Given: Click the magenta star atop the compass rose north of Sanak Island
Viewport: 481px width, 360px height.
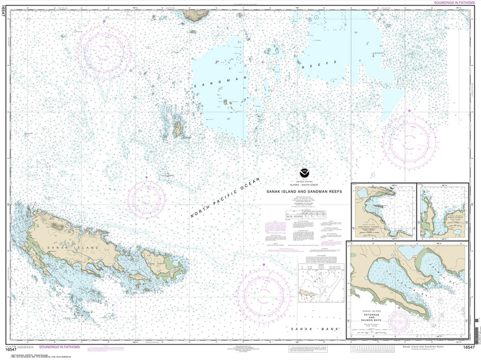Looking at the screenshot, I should click(147, 177).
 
